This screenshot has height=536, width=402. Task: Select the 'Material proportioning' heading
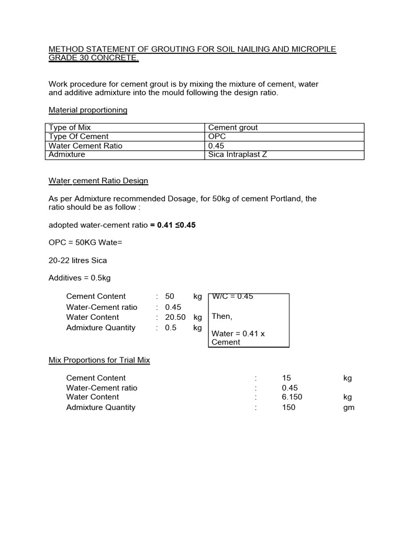(88, 110)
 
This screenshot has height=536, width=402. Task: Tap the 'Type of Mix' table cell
(70, 127)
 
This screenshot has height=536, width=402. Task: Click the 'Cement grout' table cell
(233, 127)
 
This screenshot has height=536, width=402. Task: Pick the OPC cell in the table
(217, 137)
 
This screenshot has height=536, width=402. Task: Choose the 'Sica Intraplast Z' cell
(238, 155)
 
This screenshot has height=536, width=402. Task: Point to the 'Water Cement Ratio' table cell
(85, 146)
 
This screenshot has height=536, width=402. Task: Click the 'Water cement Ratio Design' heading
(98, 181)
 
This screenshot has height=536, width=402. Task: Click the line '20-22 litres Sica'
(78, 260)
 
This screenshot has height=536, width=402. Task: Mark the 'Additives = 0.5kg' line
(80, 278)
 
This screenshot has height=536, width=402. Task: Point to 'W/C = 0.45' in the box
(232, 296)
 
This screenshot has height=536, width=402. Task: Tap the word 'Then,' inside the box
(222, 317)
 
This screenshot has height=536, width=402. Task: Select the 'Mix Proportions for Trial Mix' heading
(99, 361)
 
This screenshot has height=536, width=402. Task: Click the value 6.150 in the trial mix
(292, 397)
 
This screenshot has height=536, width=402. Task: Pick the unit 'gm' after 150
(349, 408)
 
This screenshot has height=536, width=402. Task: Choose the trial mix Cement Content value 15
(286, 378)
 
